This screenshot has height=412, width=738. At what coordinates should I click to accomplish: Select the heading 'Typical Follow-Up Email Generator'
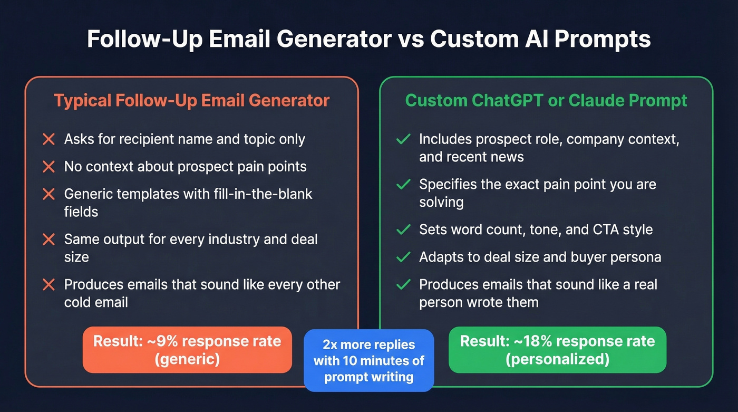coord(191,100)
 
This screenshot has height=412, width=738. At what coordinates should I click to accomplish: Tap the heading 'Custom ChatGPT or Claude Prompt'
coord(546,100)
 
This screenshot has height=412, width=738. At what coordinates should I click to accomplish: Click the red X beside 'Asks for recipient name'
coord(48,139)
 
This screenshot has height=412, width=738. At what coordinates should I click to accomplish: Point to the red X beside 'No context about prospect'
coord(48,167)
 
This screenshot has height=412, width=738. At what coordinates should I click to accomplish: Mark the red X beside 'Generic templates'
coord(48,194)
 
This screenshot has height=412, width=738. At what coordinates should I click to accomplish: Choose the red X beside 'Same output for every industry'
coord(48,239)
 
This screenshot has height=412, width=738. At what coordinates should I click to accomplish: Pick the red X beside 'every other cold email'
coord(48,285)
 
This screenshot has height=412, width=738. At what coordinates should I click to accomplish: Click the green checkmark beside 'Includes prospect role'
coord(403,139)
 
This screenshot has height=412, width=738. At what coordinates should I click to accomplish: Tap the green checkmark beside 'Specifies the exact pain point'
coord(403,185)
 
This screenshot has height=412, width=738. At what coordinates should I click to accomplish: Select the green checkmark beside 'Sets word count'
coord(403,230)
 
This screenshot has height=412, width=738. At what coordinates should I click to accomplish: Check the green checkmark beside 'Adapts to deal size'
coord(403,257)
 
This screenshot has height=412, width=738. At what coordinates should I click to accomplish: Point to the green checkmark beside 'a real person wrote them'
coord(403,285)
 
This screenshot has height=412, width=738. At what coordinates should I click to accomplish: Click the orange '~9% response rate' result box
coord(187,350)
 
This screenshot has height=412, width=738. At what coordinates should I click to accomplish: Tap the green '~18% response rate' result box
coord(557,350)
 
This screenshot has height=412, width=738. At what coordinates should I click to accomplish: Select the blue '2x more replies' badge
coord(369,361)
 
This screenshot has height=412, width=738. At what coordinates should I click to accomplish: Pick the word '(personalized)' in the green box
coord(557,359)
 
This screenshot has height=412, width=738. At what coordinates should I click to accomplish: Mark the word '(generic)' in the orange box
coord(187,359)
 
